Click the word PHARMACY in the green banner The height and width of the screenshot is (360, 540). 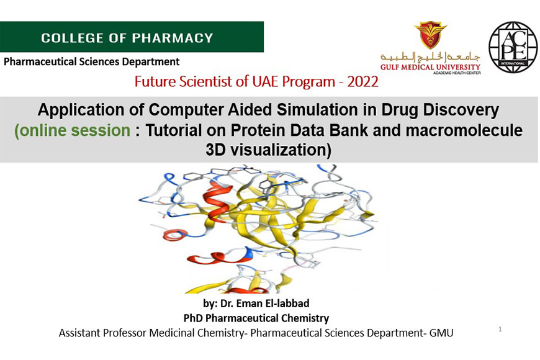click(173, 38)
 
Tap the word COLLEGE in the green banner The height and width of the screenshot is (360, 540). click(73, 38)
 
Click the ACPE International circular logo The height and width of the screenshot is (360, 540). click(513, 47)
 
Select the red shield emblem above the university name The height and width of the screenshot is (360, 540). click(430, 35)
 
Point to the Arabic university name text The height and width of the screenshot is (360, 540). click(430, 57)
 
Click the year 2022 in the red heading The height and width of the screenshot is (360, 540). click(362, 82)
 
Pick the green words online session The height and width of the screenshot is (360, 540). click(73, 130)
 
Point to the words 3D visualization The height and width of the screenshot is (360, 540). click(269, 150)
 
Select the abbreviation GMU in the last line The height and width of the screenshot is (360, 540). click(441, 333)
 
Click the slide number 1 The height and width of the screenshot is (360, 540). click(500, 330)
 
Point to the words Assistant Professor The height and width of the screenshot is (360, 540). click(103, 333)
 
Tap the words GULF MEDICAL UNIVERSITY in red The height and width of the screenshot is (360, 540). click(430, 67)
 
